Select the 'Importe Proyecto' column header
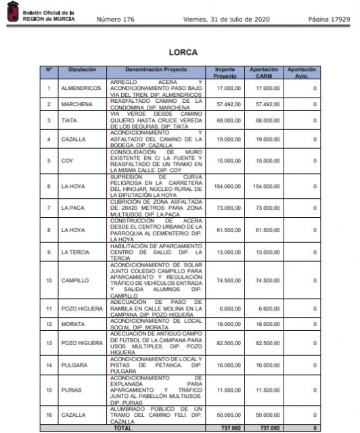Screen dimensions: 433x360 [225, 72]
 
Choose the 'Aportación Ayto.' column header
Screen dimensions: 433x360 [300, 72]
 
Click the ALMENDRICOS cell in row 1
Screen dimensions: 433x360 [81, 89]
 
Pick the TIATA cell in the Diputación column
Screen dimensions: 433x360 [69, 122]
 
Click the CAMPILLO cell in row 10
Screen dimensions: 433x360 [74, 280]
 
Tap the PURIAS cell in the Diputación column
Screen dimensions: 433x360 [72, 390]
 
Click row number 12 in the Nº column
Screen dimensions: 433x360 [49, 324]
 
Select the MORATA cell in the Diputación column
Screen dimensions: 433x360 [72, 324]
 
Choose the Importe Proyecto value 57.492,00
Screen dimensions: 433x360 [229, 104]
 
